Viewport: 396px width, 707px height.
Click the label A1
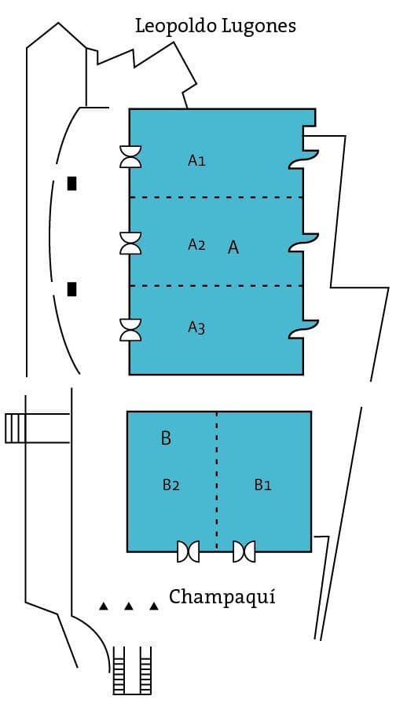196,160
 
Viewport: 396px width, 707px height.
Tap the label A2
196,244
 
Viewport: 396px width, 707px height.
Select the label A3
196,328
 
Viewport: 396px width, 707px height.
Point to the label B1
263,485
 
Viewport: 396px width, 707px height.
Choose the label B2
171,485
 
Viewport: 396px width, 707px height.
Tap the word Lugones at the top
259,27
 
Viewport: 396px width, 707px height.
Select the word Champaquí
222,598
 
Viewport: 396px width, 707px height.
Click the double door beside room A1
130,156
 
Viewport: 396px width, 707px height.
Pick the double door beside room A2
130,243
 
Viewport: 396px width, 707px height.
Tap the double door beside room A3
130,330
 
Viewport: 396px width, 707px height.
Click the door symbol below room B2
188,551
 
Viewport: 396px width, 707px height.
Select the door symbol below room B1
244,551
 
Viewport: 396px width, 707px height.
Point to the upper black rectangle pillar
71,184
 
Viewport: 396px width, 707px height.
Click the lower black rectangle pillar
71,289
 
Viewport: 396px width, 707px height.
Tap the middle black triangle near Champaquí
129,606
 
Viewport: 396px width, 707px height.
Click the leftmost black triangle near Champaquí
104,606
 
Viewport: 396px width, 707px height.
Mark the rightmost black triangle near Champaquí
154,606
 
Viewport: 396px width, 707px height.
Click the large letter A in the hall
233,247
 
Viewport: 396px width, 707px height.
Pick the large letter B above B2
166,438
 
